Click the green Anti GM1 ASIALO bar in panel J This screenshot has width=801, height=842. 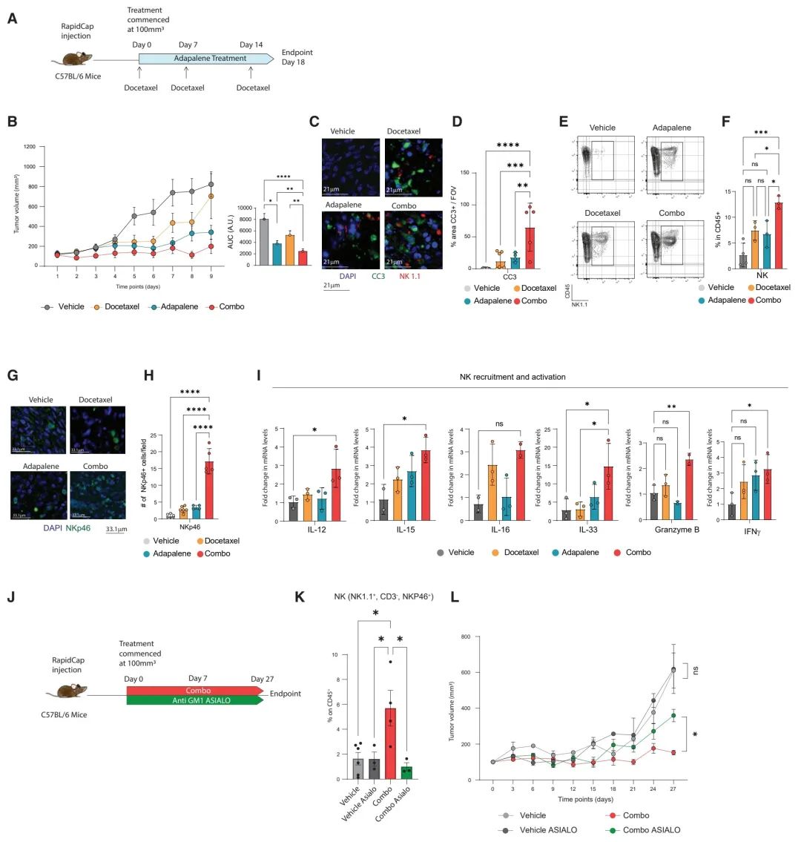click(193, 700)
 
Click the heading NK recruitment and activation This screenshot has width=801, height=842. click(512, 377)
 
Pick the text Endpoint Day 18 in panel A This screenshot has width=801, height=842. click(297, 58)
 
